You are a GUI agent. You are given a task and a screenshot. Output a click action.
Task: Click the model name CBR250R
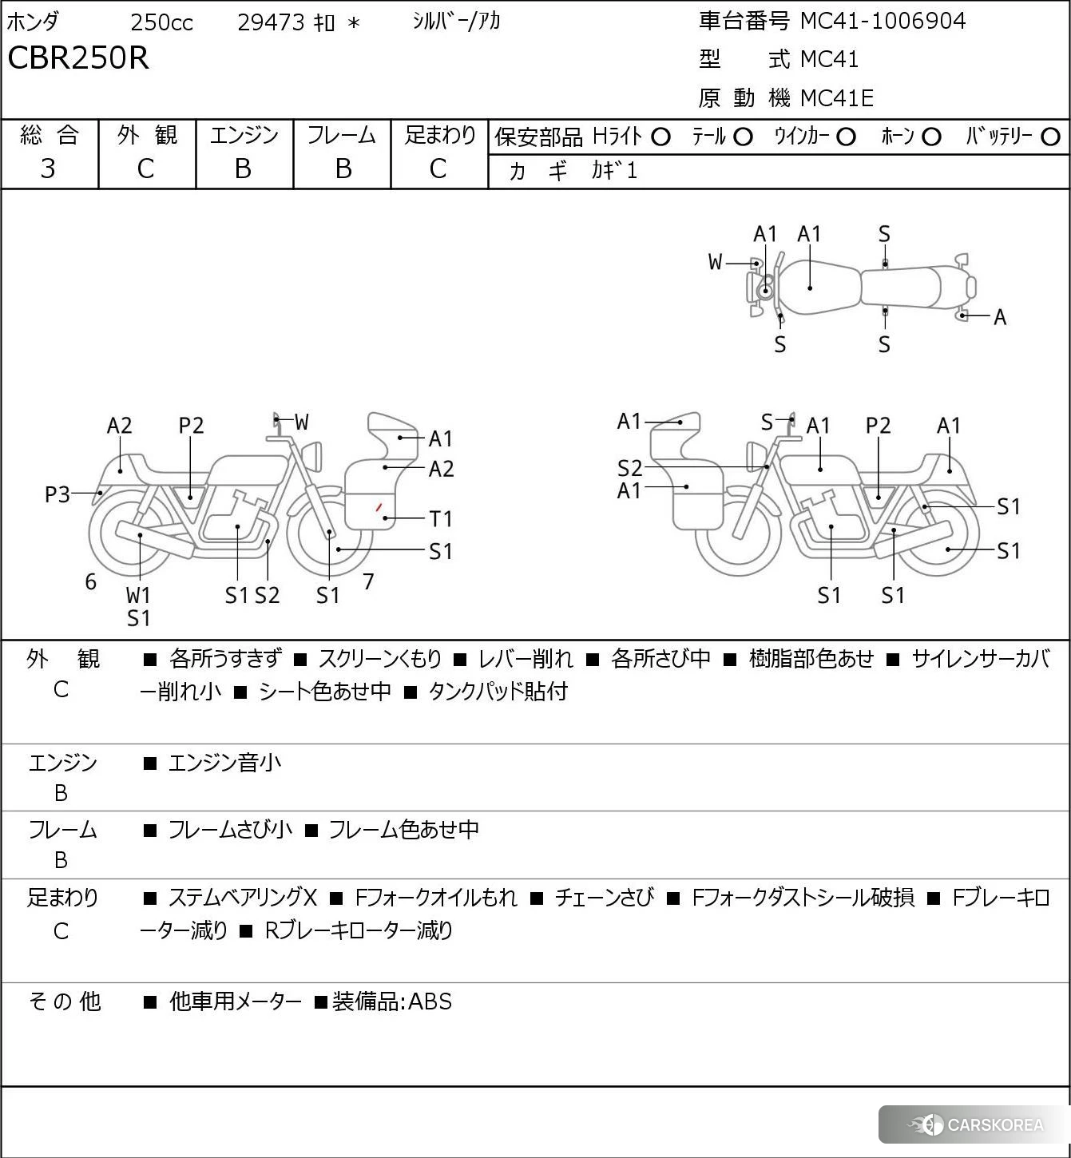78,58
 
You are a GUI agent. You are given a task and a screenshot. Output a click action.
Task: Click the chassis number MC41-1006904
883,21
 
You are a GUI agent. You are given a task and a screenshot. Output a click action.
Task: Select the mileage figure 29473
271,22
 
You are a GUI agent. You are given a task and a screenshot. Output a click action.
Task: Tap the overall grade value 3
48,169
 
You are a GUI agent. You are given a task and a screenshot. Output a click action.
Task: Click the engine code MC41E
836,98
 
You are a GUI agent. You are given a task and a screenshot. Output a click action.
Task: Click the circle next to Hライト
660,137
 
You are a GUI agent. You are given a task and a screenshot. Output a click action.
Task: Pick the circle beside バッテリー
1050,137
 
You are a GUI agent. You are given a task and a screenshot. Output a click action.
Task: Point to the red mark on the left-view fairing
379,507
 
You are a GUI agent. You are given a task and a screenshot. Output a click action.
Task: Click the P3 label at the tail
57,495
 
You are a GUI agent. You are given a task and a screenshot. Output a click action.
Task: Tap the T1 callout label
441,519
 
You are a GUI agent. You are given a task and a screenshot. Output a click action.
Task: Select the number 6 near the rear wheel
91,582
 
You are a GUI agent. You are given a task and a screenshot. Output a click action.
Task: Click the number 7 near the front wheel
368,581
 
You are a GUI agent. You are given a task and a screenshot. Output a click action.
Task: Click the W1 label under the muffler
138,596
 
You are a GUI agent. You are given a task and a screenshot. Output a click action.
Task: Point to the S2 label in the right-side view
629,468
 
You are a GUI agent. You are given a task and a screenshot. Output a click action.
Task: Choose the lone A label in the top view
1000,318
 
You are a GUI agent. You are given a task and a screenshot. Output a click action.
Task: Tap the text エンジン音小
224,763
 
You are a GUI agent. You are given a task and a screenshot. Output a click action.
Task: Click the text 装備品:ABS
391,1001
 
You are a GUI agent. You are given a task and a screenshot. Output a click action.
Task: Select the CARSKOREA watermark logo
976,1124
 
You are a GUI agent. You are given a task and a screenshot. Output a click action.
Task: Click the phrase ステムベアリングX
243,898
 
